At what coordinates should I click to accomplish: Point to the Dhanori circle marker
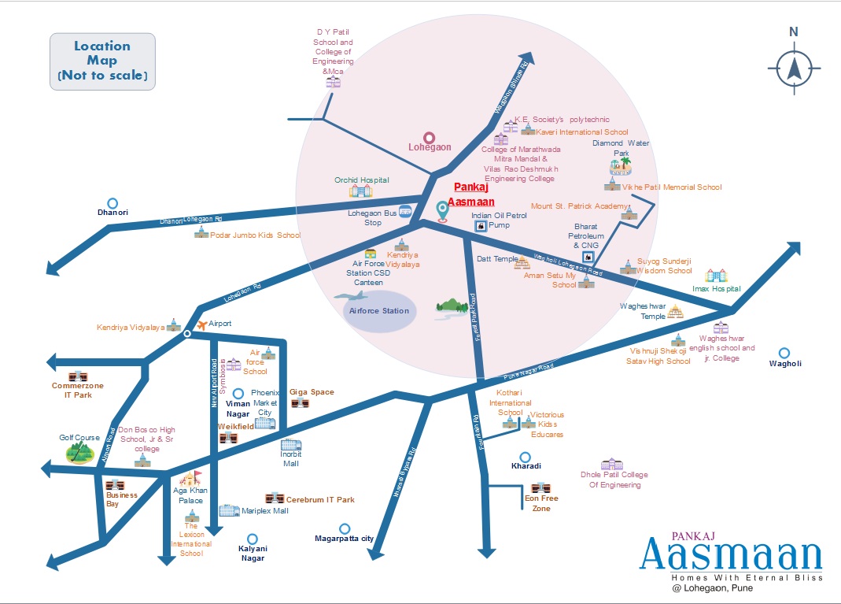(x=113, y=202)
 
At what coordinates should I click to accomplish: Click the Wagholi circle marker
(x=784, y=353)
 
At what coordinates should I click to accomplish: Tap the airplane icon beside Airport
(x=201, y=324)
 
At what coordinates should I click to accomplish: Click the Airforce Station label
(x=379, y=310)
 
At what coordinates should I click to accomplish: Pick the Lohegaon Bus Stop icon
(x=405, y=211)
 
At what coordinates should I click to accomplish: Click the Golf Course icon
(x=79, y=451)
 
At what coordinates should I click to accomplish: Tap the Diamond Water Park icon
(x=621, y=166)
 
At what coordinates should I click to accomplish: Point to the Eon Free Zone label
(x=541, y=502)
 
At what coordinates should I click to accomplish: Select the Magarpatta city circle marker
(x=344, y=528)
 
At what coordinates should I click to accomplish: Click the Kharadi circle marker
(x=526, y=457)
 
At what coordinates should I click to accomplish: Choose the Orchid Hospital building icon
(x=361, y=191)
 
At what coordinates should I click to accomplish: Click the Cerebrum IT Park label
(x=320, y=499)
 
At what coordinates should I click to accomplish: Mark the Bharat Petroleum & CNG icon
(x=586, y=257)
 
